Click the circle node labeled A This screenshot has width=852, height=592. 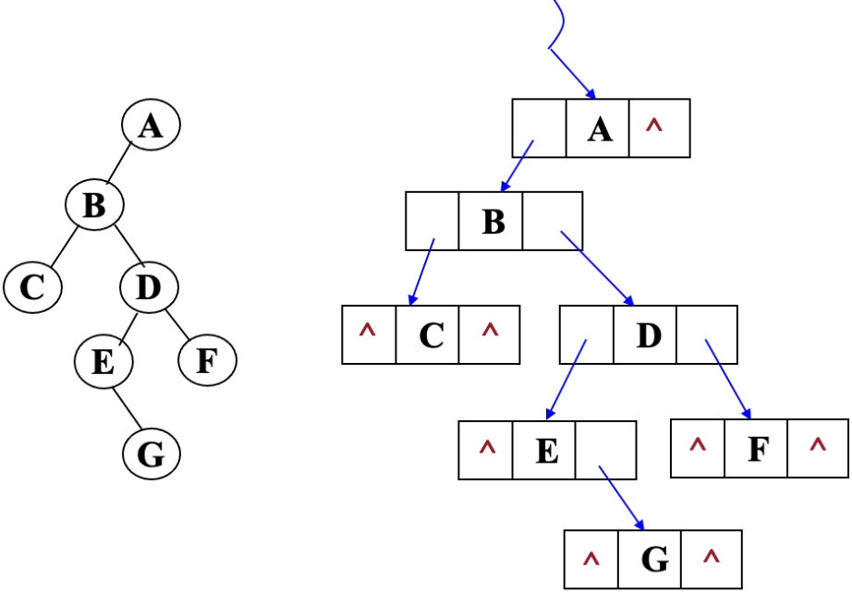[x=151, y=126]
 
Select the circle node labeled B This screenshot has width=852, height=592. [x=93, y=205]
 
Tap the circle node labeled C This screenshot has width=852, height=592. [x=32, y=287]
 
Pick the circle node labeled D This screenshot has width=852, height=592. [x=148, y=287]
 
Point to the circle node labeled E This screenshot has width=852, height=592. [x=103, y=360]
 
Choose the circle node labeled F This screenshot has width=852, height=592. [x=206, y=360]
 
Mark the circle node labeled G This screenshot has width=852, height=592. [x=151, y=453]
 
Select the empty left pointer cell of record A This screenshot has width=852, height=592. [x=539, y=128]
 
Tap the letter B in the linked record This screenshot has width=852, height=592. [x=493, y=222]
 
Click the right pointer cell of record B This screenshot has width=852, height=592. [x=553, y=222]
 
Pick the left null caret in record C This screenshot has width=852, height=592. [x=368, y=332]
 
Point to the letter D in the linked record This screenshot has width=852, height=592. [x=649, y=334]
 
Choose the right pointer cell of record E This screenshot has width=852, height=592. [x=605, y=451]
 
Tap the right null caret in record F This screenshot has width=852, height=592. [x=817, y=447]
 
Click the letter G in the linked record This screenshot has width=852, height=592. [x=653, y=560]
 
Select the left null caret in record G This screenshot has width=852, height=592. [x=591, y=560]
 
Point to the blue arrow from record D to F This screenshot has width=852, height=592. [x=727, y=379]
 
